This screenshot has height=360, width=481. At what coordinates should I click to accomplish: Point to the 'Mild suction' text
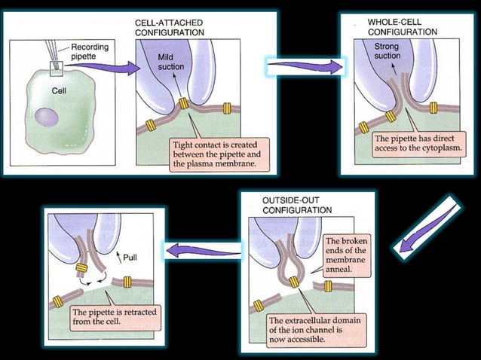(167, 62)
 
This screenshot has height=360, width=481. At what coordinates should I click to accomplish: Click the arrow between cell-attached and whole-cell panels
(303, 66)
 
